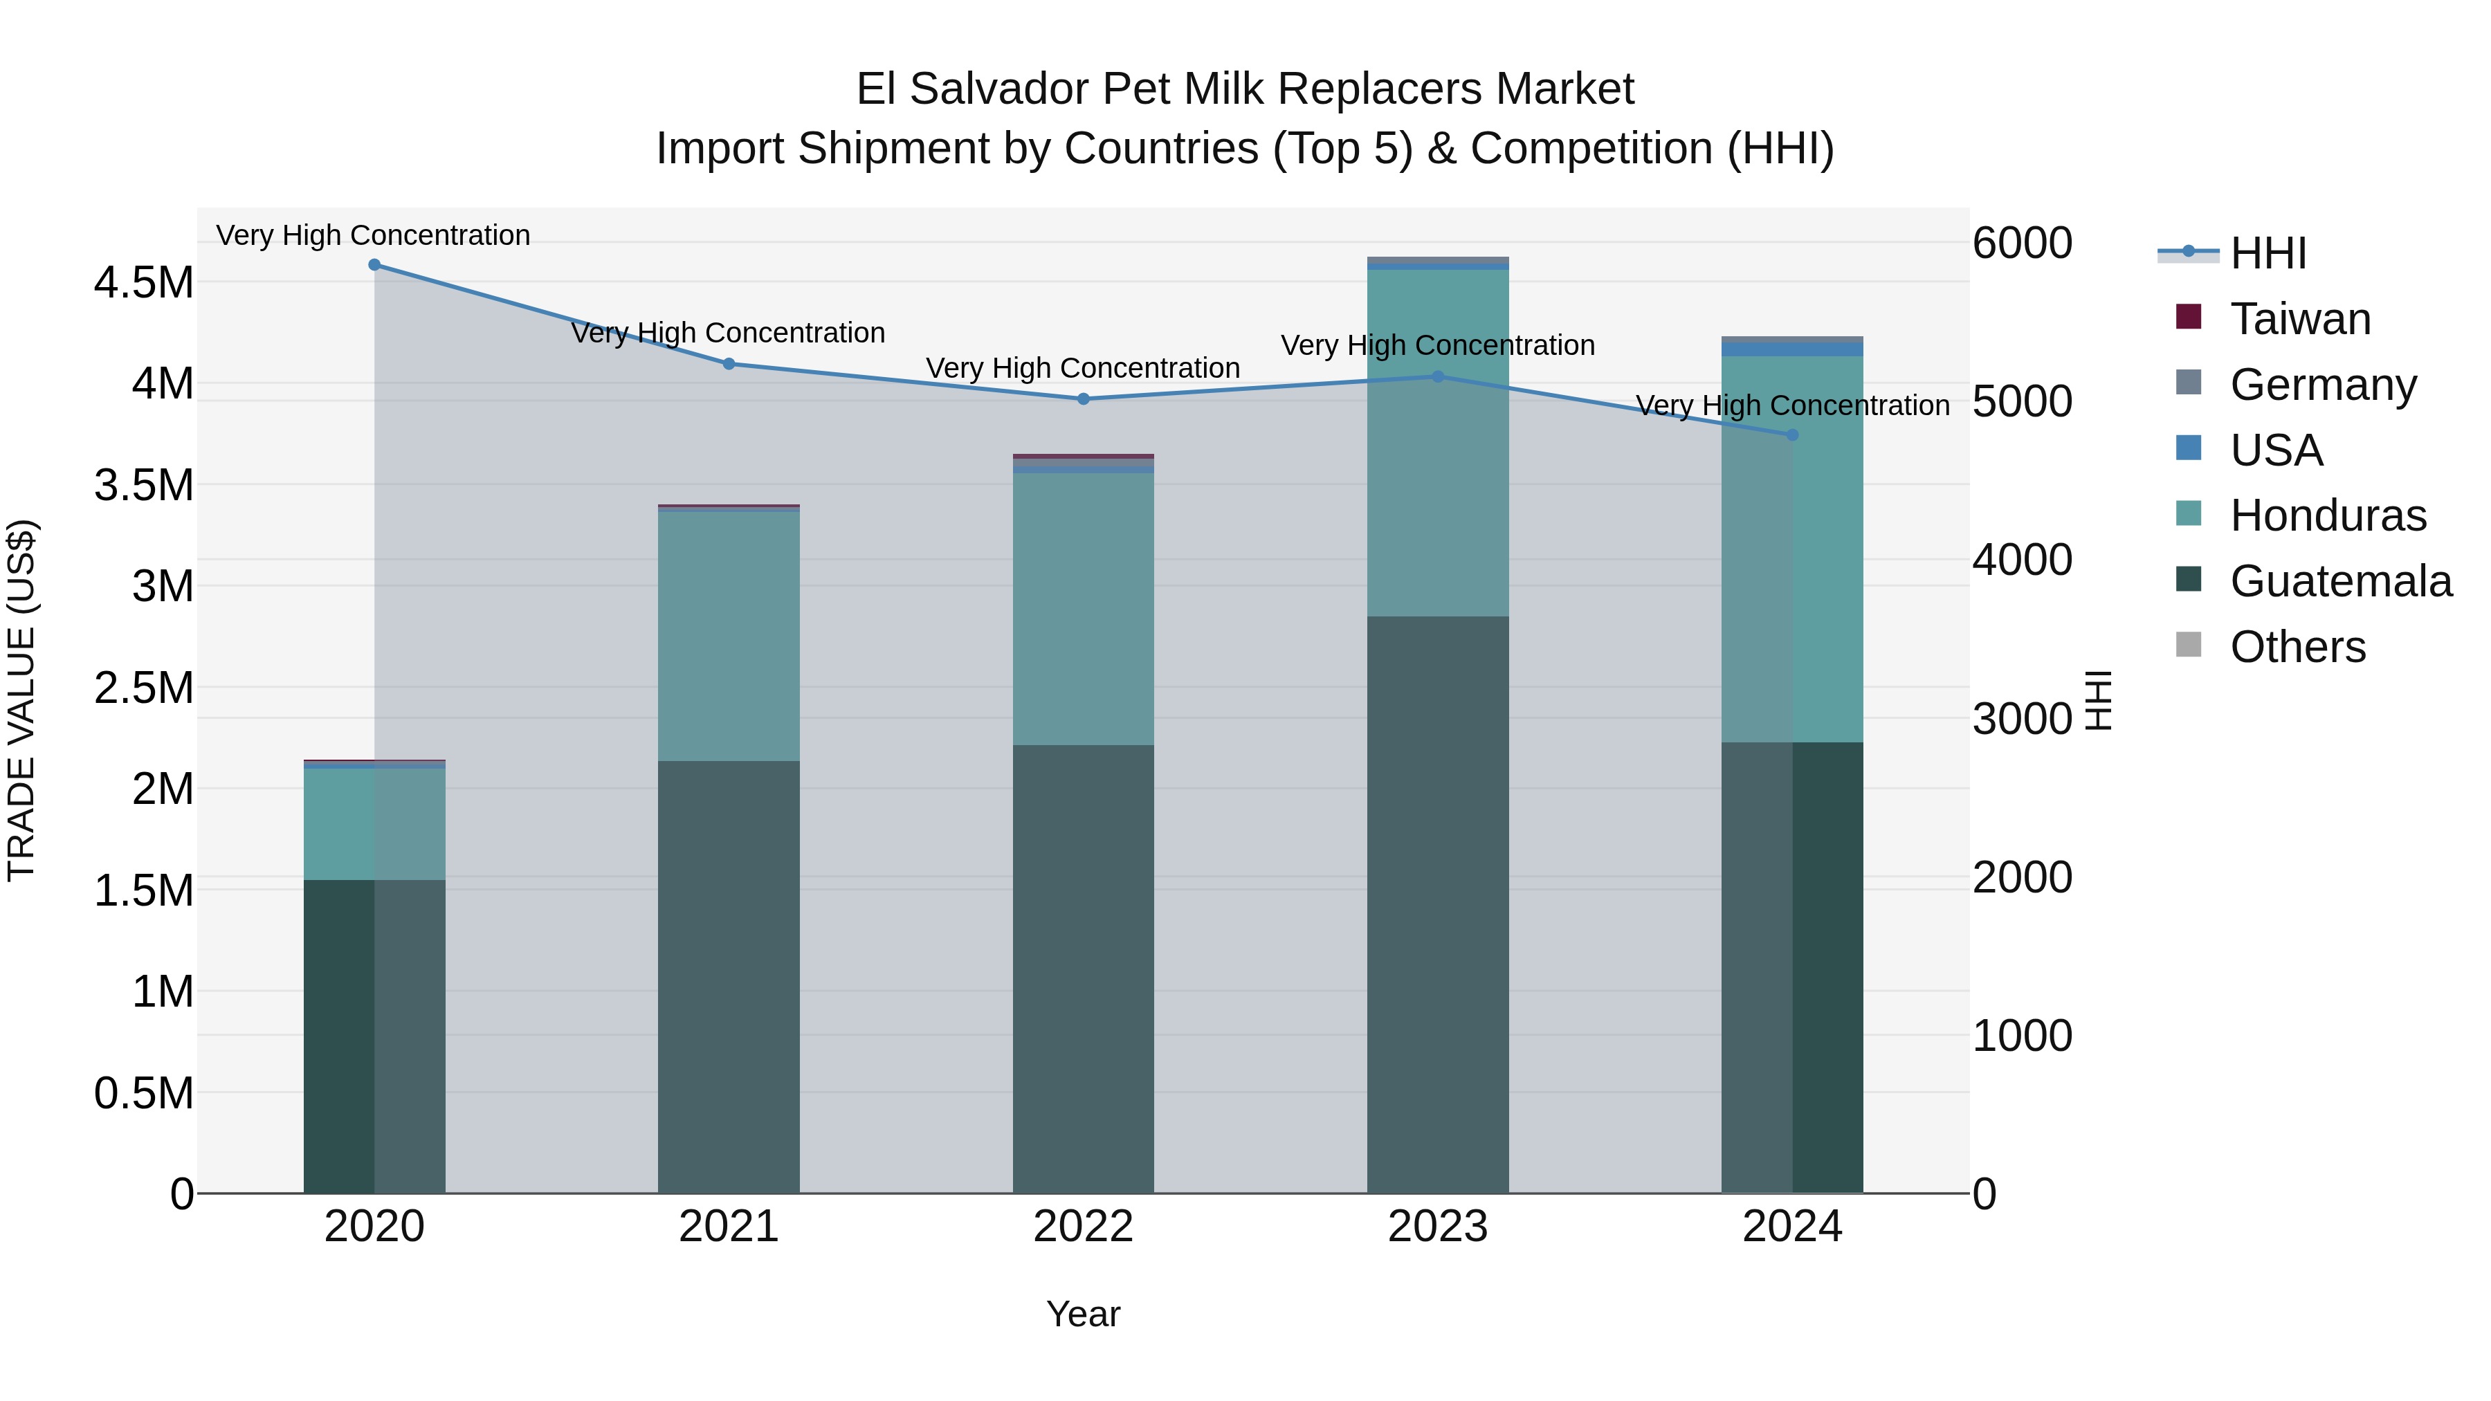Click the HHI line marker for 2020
[374, 265]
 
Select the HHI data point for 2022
[1083, 399]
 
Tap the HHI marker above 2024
[1792, 435]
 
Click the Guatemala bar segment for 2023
[1437, 904]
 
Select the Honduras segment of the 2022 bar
[1083, 608]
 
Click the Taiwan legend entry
[2299, 319]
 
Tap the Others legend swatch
[2189, 645]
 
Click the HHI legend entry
[2267, 253]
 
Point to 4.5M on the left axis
[143, 283]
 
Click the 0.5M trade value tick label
[143, 1094]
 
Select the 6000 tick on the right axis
[2022, 243]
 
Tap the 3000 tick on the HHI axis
[2022, 718]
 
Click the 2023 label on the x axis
[1437, 1227]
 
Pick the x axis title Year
[1083, 1314]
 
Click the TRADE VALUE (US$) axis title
[21, 700]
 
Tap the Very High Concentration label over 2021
[728, 333]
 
